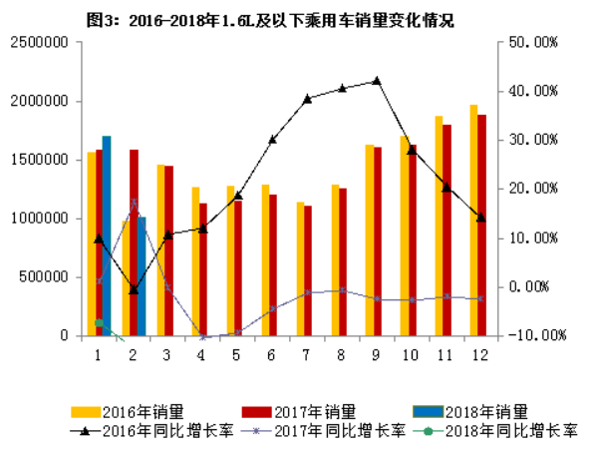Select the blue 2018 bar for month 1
107,235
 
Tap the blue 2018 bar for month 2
142,275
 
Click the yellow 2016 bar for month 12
474,220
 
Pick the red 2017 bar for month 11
446,229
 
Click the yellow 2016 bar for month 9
369,239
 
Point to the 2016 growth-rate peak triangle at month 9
377,80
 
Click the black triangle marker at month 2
134,289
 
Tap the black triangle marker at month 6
272,139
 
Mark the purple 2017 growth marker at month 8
342,290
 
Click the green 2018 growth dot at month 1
99,322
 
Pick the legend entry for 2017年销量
299,410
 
